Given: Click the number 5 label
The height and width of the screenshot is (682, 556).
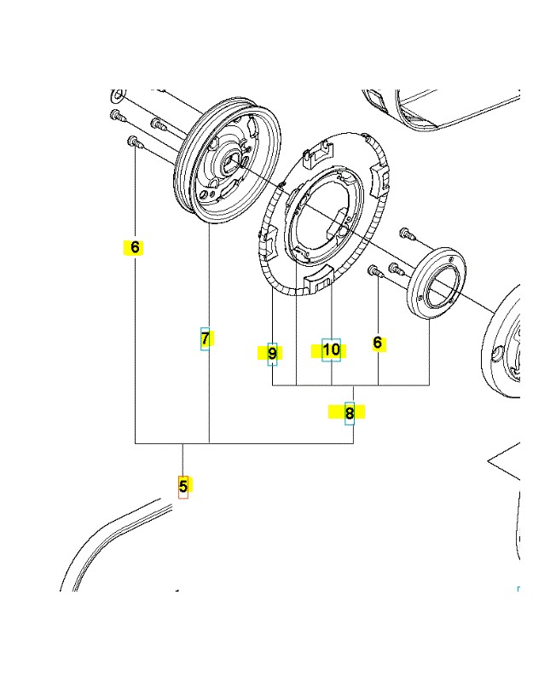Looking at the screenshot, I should pos(182,487).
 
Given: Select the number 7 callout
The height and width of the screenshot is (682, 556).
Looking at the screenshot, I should pos(206,338).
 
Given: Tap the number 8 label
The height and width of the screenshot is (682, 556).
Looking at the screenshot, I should pos(349,413).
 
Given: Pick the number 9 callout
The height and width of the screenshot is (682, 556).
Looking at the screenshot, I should pos(272,352).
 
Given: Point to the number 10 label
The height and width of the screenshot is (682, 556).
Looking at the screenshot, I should pos(331,350).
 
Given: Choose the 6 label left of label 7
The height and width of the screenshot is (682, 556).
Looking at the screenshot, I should pos(134,247).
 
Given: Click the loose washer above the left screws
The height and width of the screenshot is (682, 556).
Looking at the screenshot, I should pos(119,93).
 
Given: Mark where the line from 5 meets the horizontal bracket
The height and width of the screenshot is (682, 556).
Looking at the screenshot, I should pos(182,444).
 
